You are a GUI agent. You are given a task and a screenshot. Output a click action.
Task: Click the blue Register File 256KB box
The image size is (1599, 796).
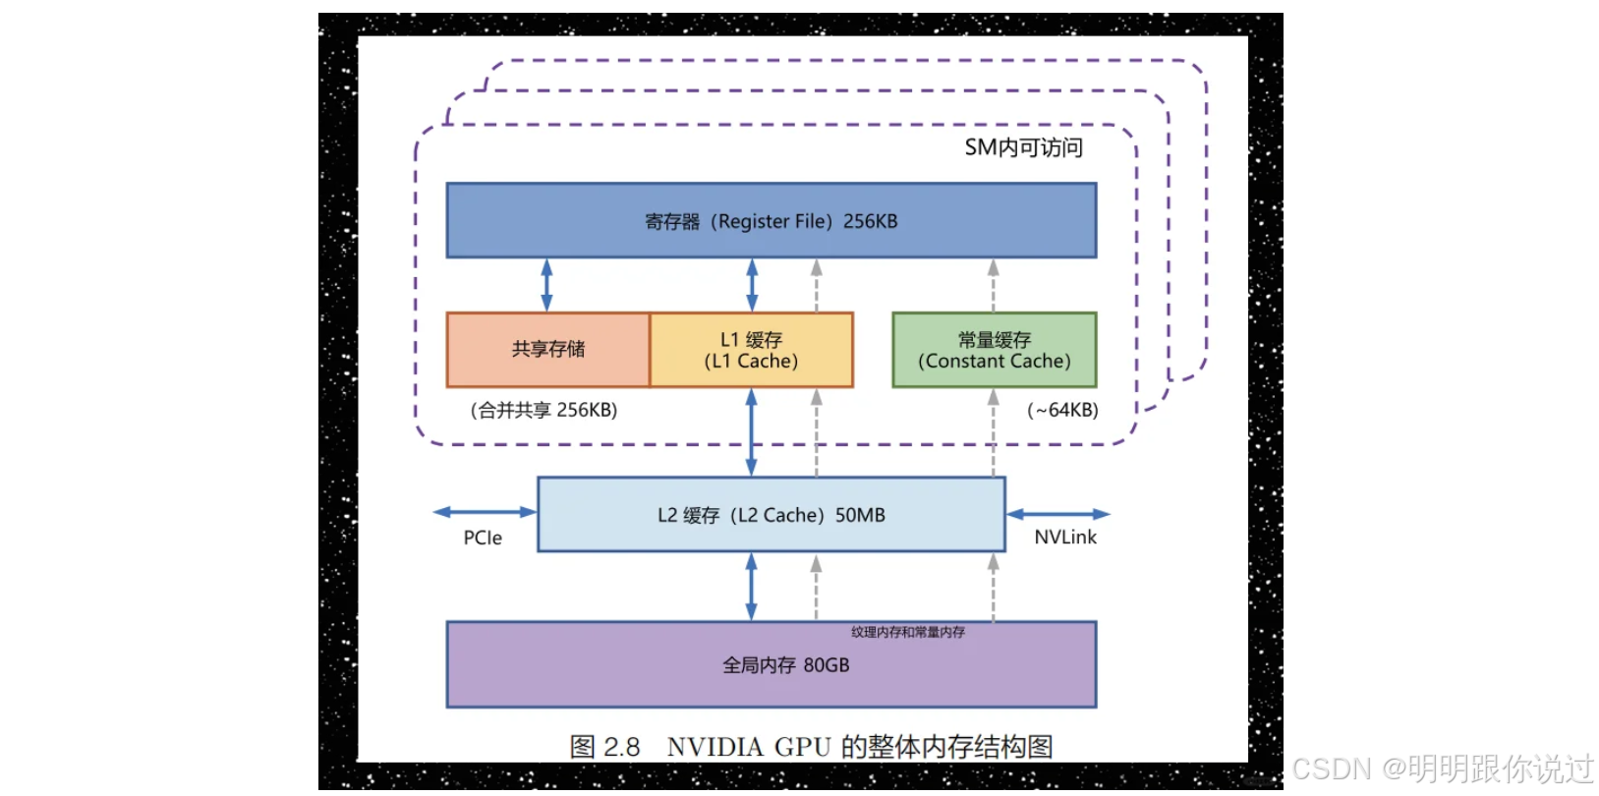coord(771,221)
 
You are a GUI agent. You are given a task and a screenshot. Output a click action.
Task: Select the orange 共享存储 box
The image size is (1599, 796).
coord(548,350)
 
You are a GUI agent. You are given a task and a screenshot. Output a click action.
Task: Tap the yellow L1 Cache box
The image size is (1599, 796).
coord(752,350)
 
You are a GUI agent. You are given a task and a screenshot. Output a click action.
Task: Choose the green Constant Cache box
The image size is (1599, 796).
coord(994,350)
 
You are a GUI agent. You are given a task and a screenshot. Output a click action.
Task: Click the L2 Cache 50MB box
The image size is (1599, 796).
coord(771,515)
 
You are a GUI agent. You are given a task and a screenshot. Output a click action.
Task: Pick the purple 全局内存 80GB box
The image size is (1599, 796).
coord(771,665)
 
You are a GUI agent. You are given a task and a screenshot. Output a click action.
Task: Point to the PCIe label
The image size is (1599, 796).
coord(483,539)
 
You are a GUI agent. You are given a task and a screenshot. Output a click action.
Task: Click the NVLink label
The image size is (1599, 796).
coord(1065,538)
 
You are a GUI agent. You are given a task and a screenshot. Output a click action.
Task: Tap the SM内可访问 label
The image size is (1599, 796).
coord(1023,148)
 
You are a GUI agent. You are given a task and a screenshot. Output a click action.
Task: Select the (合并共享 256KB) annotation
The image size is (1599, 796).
coord(543,410)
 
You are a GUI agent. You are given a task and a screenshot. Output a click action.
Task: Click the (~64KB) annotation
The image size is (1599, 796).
coord(1062,410)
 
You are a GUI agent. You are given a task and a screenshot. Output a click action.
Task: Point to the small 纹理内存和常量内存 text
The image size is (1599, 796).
coord(907,632)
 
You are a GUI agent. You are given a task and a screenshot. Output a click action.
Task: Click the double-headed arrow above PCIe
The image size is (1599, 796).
coord(485,512)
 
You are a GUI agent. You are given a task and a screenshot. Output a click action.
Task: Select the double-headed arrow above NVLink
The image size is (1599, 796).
coord(1058,514)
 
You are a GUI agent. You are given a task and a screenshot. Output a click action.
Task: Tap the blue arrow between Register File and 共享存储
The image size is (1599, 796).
coord(546,285)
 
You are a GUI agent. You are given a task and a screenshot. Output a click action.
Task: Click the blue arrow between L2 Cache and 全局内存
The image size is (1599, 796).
coord(751,587)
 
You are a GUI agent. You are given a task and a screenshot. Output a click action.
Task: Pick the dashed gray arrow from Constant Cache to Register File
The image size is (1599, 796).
coord(993,285)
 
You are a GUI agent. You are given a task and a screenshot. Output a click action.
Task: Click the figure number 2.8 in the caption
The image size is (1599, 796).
coord(621,747)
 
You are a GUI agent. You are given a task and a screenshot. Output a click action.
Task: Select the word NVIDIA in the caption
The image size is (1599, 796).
coord(714,747)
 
